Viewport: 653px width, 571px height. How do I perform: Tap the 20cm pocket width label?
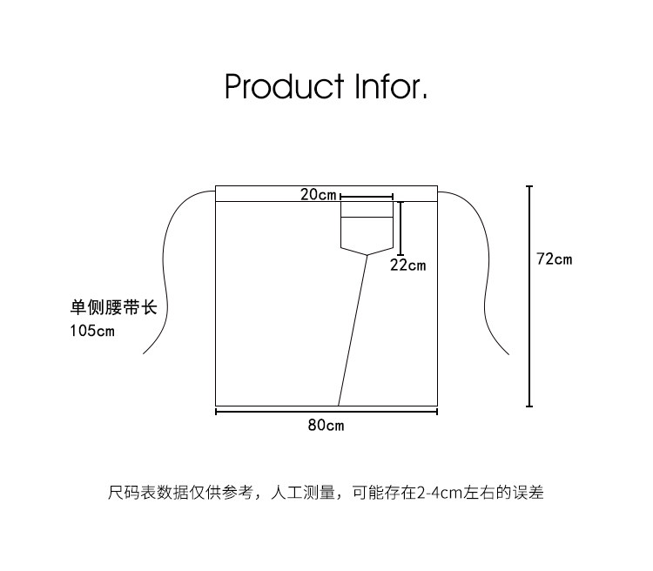[319, 195]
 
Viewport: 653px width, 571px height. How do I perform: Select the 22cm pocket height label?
[407, 265]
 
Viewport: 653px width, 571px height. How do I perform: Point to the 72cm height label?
[555, 259]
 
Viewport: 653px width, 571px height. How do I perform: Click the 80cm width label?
[326, 425]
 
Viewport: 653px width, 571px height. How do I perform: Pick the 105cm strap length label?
[91, 331]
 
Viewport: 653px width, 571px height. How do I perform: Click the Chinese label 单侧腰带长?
[113, 308]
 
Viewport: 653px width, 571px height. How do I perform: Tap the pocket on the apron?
[367, 228]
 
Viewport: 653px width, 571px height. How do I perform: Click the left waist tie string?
[166, 270]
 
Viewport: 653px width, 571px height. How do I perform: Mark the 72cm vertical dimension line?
[529, 296]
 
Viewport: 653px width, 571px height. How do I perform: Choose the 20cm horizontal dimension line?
[367, 197]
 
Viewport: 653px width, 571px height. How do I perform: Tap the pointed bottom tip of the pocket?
[367, 254]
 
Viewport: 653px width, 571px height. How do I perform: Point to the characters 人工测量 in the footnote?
[304, 493]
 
